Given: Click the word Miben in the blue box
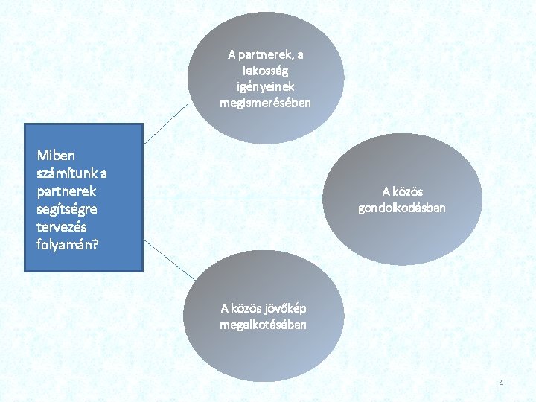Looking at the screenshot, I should [x=56, y=156].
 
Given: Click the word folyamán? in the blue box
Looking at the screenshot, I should [x=66, y=243].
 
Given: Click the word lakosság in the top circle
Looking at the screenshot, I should [x=266, y=71].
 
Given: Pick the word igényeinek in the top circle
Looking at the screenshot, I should [x=266, y=86].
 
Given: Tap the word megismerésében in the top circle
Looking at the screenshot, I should [x=266, y=103].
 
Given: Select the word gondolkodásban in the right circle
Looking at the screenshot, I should [x=402, y=208].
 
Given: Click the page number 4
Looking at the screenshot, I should [x=501, y=383].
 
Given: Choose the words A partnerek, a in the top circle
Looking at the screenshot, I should [x=266, y=54].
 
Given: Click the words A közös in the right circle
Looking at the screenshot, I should [x=402, y=191].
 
